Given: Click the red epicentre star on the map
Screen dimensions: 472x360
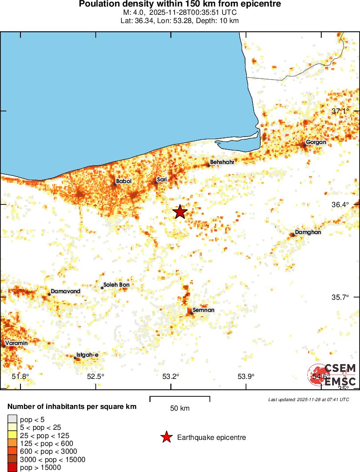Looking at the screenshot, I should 180,212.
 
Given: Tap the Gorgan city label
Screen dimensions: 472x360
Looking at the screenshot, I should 316,142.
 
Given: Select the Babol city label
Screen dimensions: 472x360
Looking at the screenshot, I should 124,181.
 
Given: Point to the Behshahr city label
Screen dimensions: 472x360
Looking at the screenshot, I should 222,162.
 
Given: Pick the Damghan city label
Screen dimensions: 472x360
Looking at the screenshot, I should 308,232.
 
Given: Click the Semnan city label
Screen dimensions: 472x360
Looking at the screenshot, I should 203,310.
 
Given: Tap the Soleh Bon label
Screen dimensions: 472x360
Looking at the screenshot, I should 116,285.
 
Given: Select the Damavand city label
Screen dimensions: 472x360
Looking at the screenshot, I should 66,291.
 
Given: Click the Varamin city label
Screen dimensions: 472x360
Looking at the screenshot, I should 17,343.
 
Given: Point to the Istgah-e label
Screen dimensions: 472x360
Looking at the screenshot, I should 87,355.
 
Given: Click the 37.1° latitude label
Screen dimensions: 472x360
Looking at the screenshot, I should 340,111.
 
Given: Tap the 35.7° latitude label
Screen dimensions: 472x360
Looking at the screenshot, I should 340,298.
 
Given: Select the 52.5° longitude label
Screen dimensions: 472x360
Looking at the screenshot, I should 95,376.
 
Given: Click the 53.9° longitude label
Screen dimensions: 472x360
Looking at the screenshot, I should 246,376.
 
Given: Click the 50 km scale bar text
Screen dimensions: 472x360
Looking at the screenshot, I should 179,408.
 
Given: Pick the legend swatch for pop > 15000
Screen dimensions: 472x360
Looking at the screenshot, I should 12,468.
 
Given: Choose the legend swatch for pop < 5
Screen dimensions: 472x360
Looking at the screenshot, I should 12,419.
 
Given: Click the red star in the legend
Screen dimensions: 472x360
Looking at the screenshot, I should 166,437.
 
